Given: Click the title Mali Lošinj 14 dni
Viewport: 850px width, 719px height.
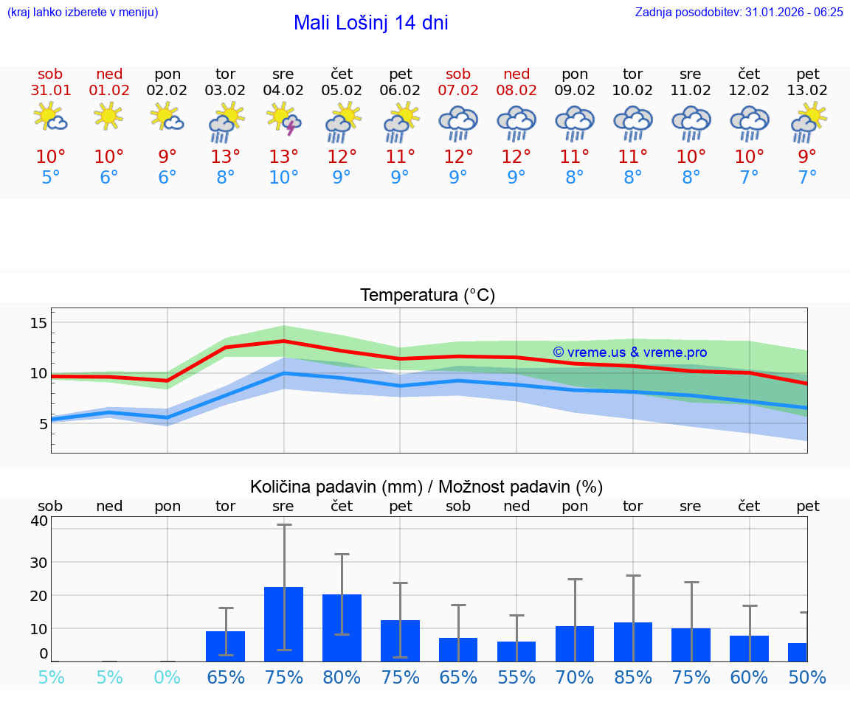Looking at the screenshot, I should pyautogui.click(x=370, y=23).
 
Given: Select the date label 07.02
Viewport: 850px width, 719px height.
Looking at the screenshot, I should pyautogui.click(x=458, y=90).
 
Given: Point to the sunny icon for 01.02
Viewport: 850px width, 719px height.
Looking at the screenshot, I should pyautogui.click(x=109, y=116).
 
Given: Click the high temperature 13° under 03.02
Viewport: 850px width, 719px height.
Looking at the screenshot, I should pyautogui.click(x=226, y=157).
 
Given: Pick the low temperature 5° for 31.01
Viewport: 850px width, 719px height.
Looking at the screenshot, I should pyautogui.click(x=51, y=178).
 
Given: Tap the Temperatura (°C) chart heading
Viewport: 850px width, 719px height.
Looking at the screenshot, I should pyautogui.click(x=427, y=296).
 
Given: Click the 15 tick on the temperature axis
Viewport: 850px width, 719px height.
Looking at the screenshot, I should pyautogui.click(x=39, y=323).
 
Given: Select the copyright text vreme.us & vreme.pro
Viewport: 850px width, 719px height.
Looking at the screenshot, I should pyautogui.click(x=629, y=352).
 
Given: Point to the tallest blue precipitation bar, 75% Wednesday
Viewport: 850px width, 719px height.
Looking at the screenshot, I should pyautogui.click(x=284, y=624).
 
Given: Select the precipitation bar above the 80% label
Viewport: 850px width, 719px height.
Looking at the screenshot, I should pyautogui.click(x=342, y=628).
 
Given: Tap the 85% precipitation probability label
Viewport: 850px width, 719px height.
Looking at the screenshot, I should pyautogui.click(x=633, y=677).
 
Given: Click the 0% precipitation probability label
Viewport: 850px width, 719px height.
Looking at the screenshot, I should pyautogui.click(x=167, y=677).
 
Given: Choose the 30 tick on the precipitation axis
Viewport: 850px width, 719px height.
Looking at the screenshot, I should pyautogui.click(x=38, y=562).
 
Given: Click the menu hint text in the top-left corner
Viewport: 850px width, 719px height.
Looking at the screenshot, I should pyautogui.click(x=83, y=12).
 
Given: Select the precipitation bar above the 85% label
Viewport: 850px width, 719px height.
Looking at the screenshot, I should pyautogui.click(x=633, y=642).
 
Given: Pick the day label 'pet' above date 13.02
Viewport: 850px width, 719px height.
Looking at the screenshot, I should pyautogui.click(x=808, y=74).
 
